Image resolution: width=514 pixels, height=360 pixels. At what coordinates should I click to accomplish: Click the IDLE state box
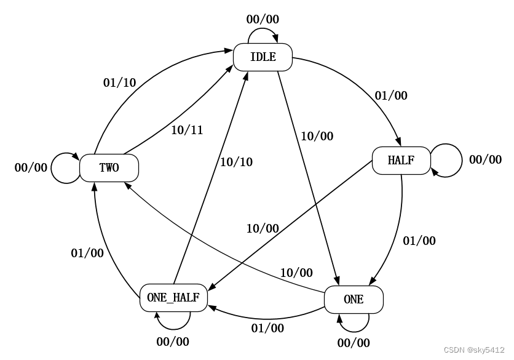263,58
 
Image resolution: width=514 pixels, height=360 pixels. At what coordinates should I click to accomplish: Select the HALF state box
401,161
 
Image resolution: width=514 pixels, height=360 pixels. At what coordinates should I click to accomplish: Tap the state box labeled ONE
354,300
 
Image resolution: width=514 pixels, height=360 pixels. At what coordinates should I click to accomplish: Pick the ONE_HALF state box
173,297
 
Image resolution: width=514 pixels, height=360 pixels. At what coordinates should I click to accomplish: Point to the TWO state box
109,167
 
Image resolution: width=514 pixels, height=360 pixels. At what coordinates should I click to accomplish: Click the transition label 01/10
119,83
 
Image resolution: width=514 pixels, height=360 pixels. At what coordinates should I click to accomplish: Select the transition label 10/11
187,130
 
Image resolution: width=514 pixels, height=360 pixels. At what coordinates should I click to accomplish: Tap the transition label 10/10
237,162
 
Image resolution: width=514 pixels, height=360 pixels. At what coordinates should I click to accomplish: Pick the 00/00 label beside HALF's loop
485,160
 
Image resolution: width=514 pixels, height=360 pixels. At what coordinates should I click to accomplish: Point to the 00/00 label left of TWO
31,167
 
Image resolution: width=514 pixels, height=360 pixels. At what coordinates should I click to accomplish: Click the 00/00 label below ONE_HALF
173,342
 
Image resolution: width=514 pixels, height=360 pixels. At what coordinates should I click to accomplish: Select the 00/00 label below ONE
354,343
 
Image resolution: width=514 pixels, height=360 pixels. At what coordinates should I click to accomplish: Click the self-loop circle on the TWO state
65,167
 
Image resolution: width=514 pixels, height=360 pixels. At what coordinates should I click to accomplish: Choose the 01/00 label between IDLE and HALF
390,96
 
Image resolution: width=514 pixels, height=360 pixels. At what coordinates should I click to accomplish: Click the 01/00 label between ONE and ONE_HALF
267,328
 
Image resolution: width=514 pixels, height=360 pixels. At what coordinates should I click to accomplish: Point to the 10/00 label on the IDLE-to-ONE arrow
317,137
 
